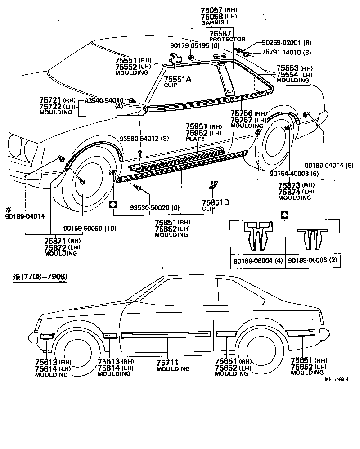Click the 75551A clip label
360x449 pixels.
[177, 79]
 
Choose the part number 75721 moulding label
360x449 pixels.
[50, 100]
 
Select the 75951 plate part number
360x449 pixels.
[195, 126]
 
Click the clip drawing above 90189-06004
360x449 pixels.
[256, 236]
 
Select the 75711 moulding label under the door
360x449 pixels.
[166, 362]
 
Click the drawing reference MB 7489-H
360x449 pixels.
[337, 379]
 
